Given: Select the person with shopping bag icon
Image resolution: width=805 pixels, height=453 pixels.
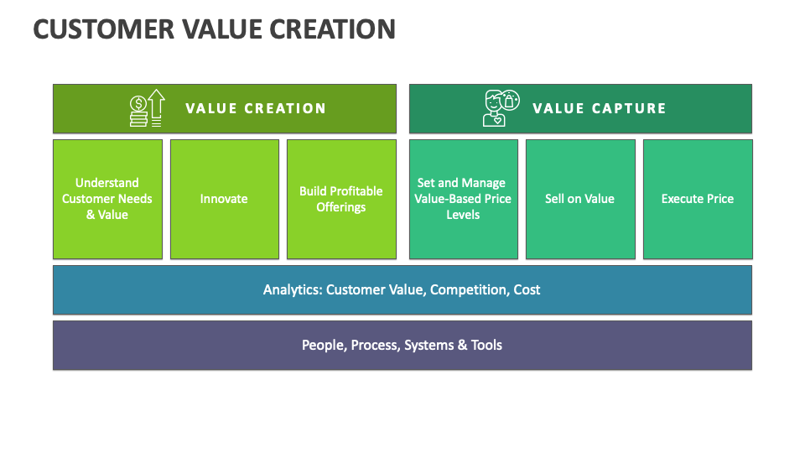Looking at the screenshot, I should [x=501, y=108].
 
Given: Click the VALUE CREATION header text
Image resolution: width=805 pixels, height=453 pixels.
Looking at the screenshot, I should [x=256, y=108].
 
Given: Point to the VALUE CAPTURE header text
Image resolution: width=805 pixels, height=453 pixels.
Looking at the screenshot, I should [x=600, y=108].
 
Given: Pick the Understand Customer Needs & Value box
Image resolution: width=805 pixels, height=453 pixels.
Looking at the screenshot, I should [x=107, y=199].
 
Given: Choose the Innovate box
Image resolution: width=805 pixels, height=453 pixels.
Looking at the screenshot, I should [x=224, y=199].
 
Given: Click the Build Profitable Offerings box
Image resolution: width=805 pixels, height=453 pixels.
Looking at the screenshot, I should [x=341, y=199].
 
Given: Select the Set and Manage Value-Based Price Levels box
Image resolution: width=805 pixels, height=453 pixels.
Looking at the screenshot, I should [x=463, y=199].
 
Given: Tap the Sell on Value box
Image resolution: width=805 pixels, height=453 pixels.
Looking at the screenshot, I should [x=580, y=199].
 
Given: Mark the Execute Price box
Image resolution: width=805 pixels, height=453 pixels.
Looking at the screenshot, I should [x=698, y=199].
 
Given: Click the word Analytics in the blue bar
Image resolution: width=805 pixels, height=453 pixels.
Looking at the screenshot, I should [x=292, y=290].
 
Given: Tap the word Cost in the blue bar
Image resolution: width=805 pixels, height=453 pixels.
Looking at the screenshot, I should [x=527, y=290].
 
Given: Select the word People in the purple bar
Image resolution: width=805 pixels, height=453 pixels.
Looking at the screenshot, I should [x=322, y=345].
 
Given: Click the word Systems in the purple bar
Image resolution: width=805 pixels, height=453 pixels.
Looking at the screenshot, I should [x=429, y=345].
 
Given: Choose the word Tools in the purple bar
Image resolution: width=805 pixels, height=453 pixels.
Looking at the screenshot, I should [x=486, y=345].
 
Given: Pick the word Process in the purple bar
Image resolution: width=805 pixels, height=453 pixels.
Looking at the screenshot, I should [x=375, y=345].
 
